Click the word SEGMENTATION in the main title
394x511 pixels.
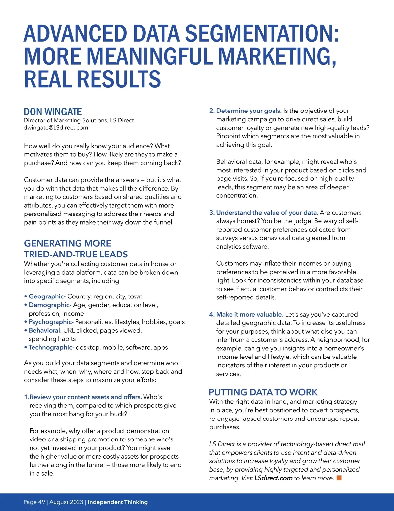click(x=262, y=33)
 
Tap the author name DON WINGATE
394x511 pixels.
click(x=53, y=112)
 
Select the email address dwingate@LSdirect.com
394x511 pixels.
click(x=56, y=128)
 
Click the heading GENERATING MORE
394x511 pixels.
click(x=68, y=243)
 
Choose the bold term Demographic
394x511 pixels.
click(x=50, y=305)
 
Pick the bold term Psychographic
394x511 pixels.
click(x=51, y=322)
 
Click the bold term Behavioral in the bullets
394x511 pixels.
click(x=45, y=331)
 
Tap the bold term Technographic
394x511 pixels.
click(x=51, y=348)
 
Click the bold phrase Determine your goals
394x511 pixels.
click(x=249, y=111)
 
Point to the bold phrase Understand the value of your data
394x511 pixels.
click(x=267, y=213)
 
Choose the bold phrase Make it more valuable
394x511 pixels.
click(x=250, y=315)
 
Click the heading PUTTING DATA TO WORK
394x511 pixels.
click(x=263, y=392)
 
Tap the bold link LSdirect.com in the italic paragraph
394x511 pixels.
click(x=273, y=478)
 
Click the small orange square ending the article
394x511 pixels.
click(x=339, y=478)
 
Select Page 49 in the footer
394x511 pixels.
click(x=34, y=502)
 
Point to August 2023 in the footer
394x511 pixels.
click(x=66, y=502)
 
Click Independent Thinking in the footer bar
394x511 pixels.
click(x=118, y=502)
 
